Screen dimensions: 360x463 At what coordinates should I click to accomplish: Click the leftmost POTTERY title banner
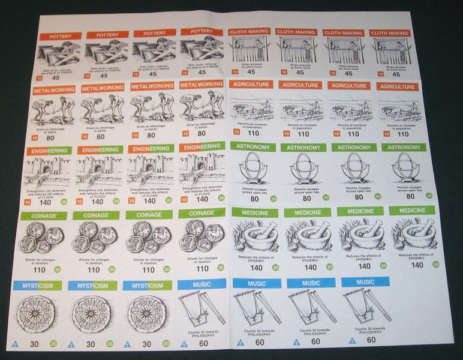click(61, 36)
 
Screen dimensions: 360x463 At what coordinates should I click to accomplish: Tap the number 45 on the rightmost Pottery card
click(201, 75)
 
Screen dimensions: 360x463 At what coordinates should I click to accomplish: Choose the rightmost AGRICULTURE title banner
click(398, 86)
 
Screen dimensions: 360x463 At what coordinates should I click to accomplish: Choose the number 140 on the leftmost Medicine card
click(257, 267)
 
